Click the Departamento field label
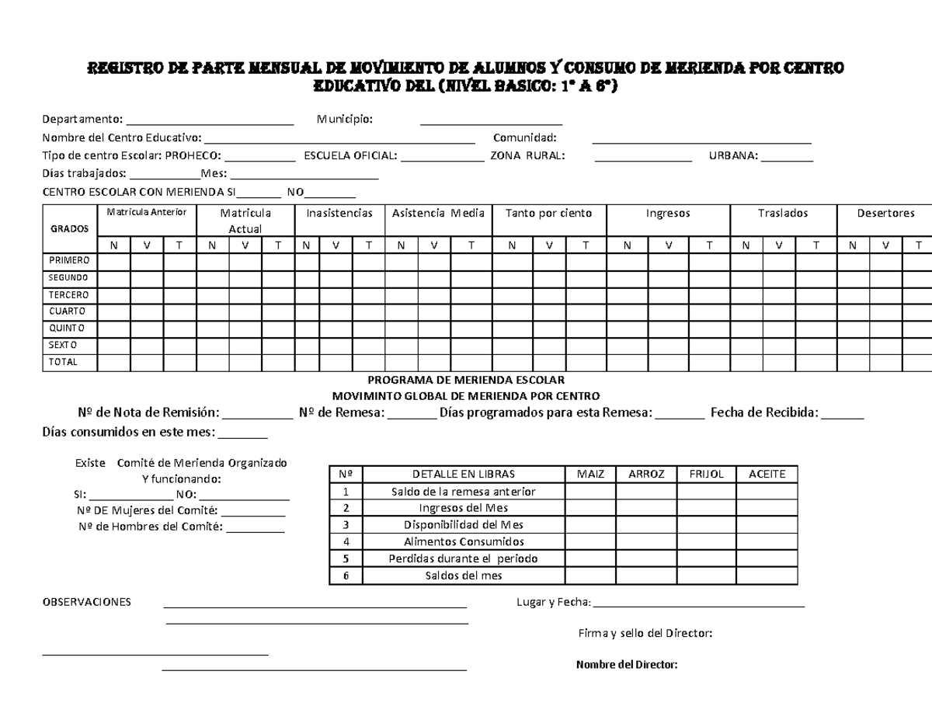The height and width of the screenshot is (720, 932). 82,119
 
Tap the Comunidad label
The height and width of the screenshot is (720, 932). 525,137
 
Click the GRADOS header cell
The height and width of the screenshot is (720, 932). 69,228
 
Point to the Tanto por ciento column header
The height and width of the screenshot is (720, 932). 548,213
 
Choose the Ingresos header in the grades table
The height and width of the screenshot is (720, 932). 667,213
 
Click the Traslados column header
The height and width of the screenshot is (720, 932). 783,213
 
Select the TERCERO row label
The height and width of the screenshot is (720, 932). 69,295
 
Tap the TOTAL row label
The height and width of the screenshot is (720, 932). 63,362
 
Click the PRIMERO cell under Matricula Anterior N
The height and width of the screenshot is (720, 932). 113,261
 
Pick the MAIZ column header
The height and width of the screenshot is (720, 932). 589,474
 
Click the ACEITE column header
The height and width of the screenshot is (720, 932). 767,474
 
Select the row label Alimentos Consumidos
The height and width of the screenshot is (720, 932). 464,542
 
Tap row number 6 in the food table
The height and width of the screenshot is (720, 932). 346,576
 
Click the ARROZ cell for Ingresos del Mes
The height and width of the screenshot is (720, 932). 646,508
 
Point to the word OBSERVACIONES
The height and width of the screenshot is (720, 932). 86,602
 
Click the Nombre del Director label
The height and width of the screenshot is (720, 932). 627,665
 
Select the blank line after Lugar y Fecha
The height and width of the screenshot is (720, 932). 698,604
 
